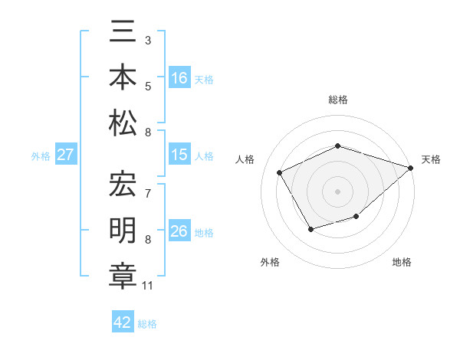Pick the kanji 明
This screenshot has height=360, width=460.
pos(123,230)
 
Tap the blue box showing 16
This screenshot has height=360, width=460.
pos(179,78)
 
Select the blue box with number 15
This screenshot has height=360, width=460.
pos(179,155)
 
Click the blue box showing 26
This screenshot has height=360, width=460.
pos(179,231)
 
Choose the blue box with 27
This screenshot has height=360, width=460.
pos(65,155)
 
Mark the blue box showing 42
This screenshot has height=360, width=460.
pos(123,322)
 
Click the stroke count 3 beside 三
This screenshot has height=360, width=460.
pos(148,39)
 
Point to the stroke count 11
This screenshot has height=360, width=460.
pos(148,286)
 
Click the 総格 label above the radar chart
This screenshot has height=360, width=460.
pos(337,100)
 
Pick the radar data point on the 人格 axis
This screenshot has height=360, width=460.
pos(280,172)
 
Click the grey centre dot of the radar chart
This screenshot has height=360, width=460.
pos(337,191)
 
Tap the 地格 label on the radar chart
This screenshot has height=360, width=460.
pos(402,262)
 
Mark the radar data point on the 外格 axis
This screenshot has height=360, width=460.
pos(310,228)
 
